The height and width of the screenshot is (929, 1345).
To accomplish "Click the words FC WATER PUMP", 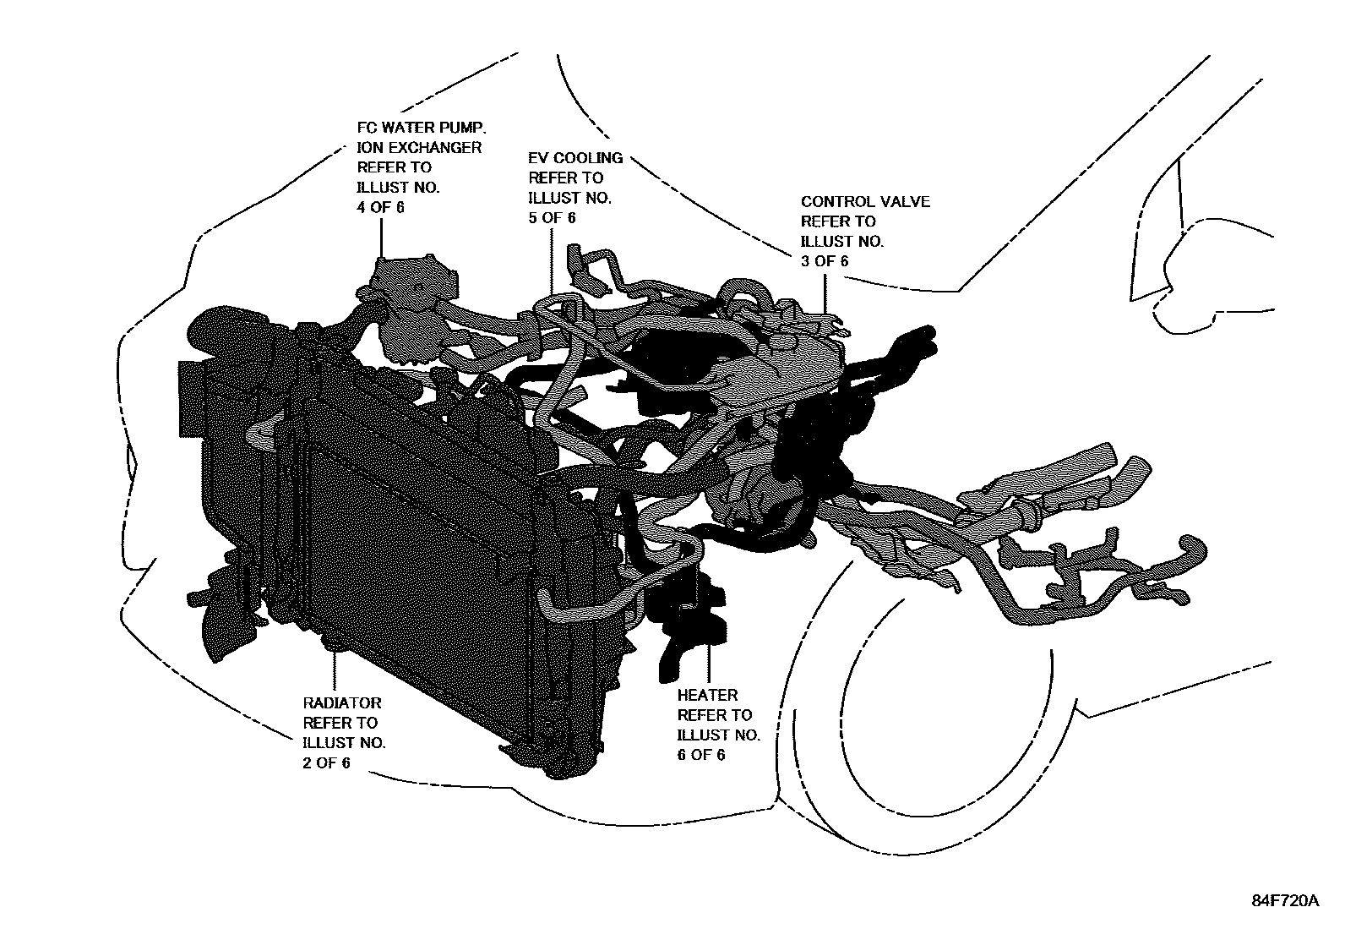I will (421, 128).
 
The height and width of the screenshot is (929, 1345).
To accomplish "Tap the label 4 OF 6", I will (381, 207).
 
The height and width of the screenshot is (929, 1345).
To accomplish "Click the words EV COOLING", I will (575, 158).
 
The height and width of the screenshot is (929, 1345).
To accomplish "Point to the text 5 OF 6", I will (552, 218).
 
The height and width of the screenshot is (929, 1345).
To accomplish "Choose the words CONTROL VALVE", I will (865, 202).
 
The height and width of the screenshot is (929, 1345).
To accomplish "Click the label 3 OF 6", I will (825, 261).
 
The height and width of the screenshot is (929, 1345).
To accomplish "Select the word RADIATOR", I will (342, 703).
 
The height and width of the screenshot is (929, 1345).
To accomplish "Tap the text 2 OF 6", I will (326, 762).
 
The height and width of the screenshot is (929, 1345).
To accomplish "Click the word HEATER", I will (708, 696).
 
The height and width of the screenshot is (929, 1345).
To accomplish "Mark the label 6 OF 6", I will (701, 755).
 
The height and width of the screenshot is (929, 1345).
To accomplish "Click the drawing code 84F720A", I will (1285, 900).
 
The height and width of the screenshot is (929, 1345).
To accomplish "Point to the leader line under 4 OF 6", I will (381, 237).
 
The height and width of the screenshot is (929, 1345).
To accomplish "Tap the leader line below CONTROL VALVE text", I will (825, 292).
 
